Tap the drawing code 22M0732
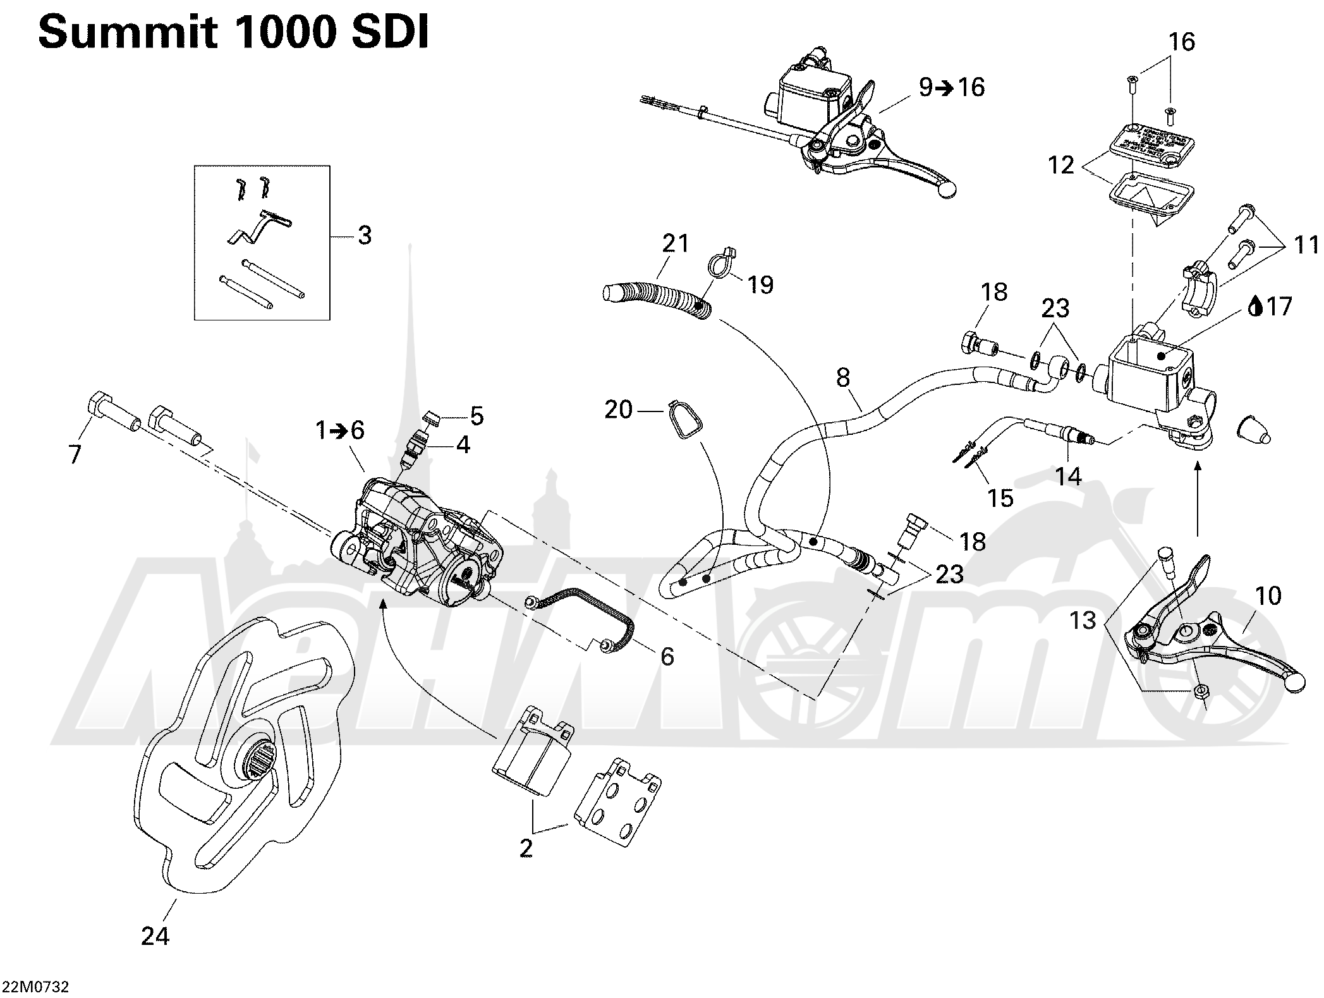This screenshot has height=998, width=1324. tap(36, 987)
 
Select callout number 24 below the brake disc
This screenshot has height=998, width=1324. tap(155, 935)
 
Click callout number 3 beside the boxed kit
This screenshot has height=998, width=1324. tap(365, 236)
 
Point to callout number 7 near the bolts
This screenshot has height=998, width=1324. tap(75, 454)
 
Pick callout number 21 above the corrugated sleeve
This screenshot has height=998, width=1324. tap(676, 243)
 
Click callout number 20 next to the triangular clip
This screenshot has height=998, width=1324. tap(619, 410)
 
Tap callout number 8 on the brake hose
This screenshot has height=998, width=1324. tap(843, 378)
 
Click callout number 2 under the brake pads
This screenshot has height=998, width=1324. tap(526, 848)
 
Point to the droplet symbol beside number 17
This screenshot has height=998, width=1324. tap(1256, 307)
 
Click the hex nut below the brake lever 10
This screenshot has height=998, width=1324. tap(1201, 690)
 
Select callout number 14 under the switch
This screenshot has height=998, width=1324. tap(1068, 476)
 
